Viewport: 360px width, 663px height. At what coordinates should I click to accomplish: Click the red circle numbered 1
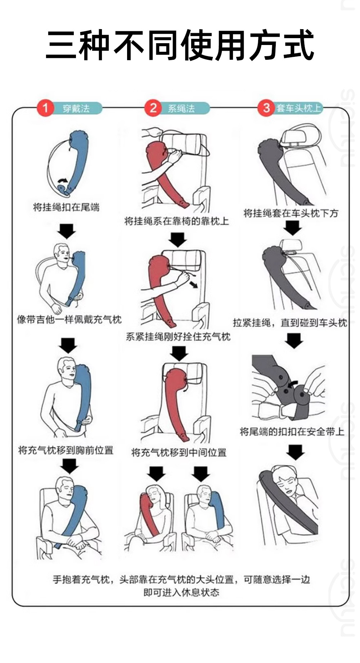point(45,108)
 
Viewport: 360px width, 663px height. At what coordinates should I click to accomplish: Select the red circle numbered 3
point(266,108)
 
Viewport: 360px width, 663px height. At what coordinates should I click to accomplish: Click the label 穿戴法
point(76,108)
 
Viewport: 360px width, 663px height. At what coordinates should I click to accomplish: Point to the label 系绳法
point(181,108)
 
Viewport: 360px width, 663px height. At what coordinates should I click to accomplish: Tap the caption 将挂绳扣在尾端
point(66,207)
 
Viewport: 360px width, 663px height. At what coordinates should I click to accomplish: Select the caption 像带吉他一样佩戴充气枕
point(69,319)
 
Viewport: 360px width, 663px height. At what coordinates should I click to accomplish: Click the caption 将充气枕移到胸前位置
point(66,450)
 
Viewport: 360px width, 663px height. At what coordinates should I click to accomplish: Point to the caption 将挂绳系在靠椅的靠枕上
point(177,221)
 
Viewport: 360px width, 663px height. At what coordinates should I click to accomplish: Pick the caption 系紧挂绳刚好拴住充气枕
point(178,337)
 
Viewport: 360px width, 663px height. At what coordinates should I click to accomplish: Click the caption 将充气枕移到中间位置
point(179,452)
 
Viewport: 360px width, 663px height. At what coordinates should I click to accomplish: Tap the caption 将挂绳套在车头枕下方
point(291,213)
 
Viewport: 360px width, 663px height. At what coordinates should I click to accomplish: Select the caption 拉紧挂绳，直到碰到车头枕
point(290,322)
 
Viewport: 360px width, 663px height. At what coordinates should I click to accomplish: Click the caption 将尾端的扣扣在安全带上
point(292,431)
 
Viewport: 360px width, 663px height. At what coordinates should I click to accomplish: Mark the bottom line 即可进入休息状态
point(181,592)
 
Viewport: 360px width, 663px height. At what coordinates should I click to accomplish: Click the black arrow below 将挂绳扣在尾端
point(67,231)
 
